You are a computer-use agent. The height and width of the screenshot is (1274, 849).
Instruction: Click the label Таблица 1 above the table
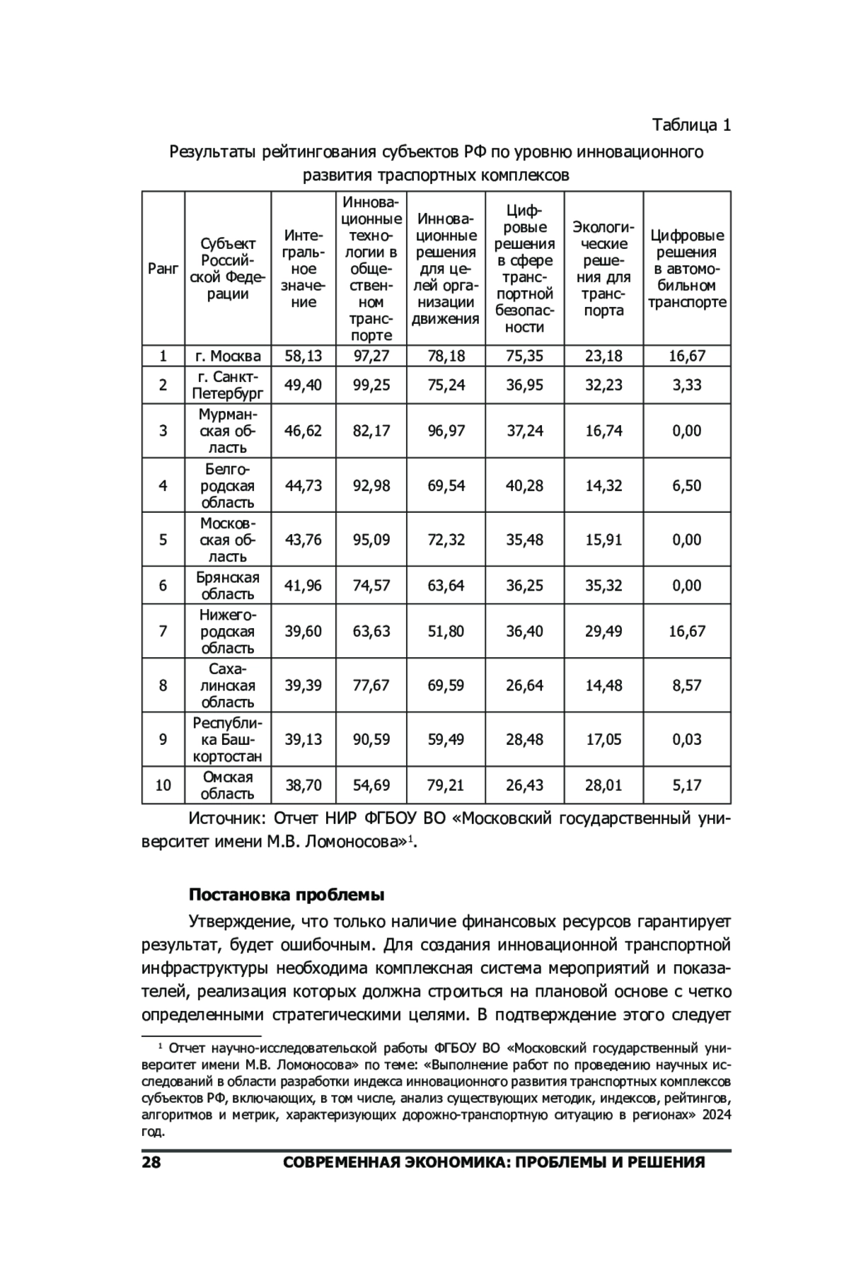[691, 125]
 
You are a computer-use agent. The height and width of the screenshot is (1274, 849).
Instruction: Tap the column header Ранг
[163, 269]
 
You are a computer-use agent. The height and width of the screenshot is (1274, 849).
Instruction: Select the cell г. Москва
[228, 356]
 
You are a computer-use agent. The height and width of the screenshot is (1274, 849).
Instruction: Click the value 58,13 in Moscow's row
[303, 356]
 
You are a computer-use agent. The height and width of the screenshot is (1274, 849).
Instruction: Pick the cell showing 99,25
[371, 385]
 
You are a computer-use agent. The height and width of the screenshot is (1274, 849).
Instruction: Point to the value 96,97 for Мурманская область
[446, 431]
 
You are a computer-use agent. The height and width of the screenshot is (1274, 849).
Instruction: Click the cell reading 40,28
[524, 485]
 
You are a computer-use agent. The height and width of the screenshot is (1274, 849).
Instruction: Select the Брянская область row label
[228, 585]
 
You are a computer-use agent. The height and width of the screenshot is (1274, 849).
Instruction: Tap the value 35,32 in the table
[603, 585]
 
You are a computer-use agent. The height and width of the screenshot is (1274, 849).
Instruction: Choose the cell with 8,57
[686, 685]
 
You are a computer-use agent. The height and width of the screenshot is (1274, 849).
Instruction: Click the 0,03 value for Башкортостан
[686, 739]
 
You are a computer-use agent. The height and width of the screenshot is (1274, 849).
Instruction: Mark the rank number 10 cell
[163, 785]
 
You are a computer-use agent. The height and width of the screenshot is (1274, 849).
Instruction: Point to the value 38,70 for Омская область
[303, 785]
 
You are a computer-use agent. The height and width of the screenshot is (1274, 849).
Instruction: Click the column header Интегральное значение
[303, 269]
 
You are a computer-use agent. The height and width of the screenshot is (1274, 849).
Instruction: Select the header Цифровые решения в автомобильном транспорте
[687, 269]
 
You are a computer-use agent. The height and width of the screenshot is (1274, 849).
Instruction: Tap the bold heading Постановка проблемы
[286, 895]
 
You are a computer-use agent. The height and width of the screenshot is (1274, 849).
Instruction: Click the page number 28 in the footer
[151, 1162]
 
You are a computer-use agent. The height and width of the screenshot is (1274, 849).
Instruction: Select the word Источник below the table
[226, 819]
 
